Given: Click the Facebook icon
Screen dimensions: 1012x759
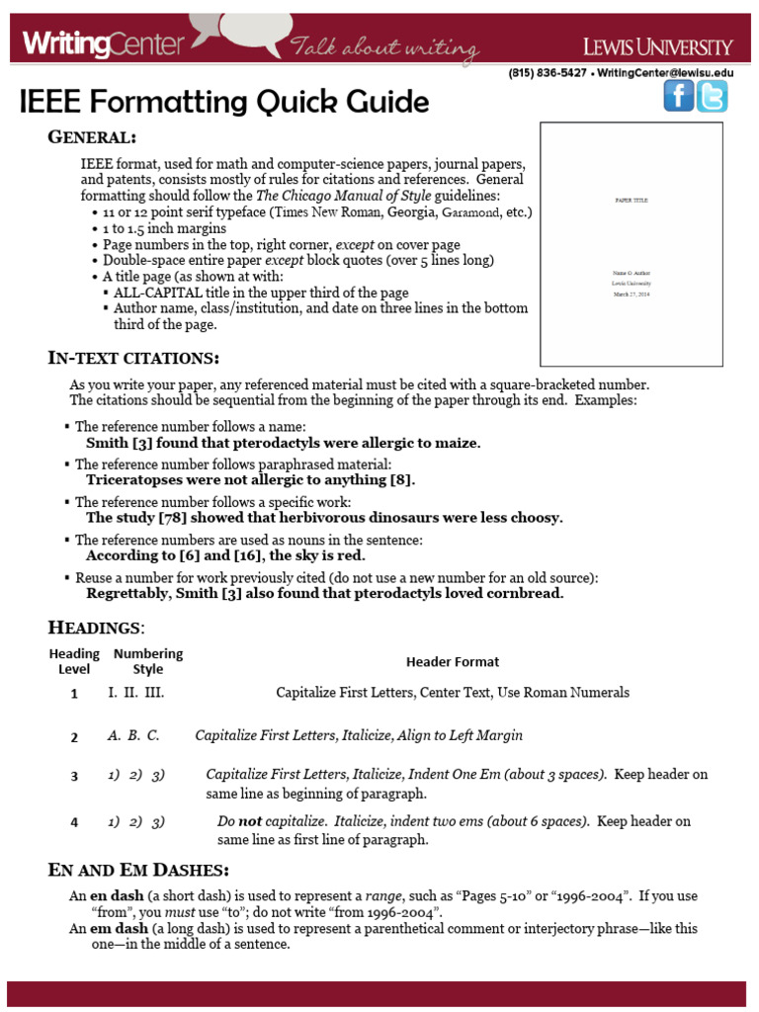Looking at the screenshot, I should pos(678,96).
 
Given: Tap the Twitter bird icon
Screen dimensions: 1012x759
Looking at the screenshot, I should pos(712,96).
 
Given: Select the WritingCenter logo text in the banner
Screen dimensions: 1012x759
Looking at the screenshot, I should pos(104,44).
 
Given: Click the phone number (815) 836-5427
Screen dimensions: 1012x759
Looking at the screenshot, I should pos(548,73).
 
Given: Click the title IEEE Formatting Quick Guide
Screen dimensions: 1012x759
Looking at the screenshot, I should pos(224,102).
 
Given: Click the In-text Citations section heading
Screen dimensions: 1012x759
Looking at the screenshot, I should pos(133,357).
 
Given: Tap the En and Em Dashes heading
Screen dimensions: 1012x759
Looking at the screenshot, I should pos(138,870).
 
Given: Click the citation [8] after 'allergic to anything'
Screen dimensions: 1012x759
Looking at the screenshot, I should pos(400,479).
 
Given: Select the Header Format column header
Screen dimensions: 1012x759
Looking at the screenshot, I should pos(453,661).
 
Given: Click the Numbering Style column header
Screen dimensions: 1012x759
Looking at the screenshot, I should pos(148,661).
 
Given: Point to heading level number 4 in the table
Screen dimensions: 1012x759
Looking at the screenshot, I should pos(74,822).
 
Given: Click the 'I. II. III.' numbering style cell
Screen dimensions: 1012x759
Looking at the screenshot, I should pos(136,693).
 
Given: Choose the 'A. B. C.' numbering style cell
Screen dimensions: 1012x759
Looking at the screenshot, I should pos(133,735).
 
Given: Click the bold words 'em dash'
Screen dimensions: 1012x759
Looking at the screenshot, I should pos(120,929).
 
